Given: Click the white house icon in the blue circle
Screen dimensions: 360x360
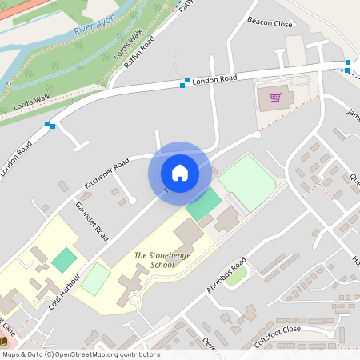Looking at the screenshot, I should click(x=180, y=173).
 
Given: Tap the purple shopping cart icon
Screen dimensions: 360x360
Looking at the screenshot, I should click(x=275, y=98).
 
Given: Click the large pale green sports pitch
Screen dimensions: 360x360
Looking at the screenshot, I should click(x=248, y=183).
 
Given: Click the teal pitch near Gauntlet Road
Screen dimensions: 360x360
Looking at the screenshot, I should click(x=65, y=259).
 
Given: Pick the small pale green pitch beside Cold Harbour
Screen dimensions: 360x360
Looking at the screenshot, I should click(x=96, y=278).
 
